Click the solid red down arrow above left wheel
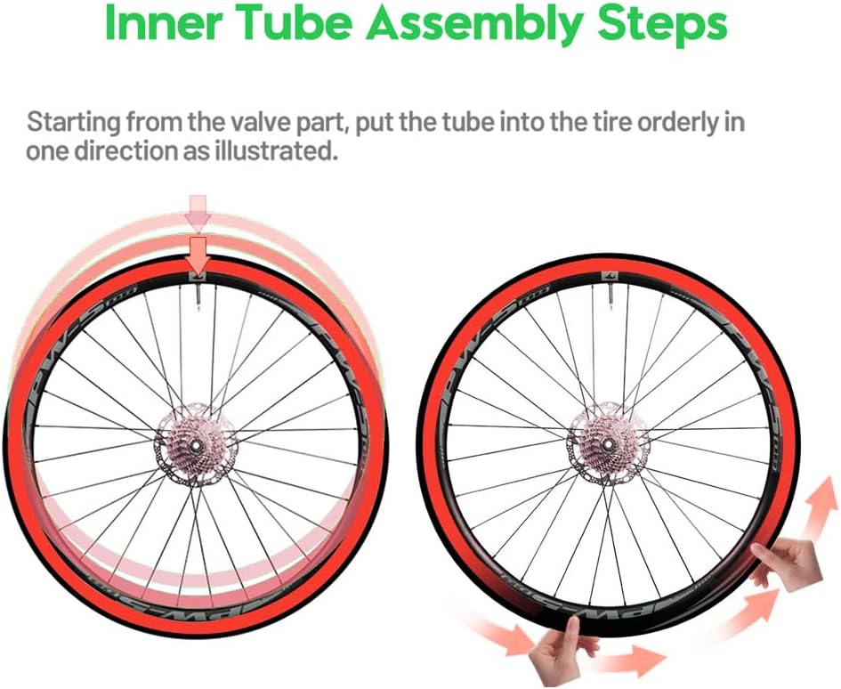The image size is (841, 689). [x=198, y=253]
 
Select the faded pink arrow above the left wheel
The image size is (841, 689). [x=198, y=211]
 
